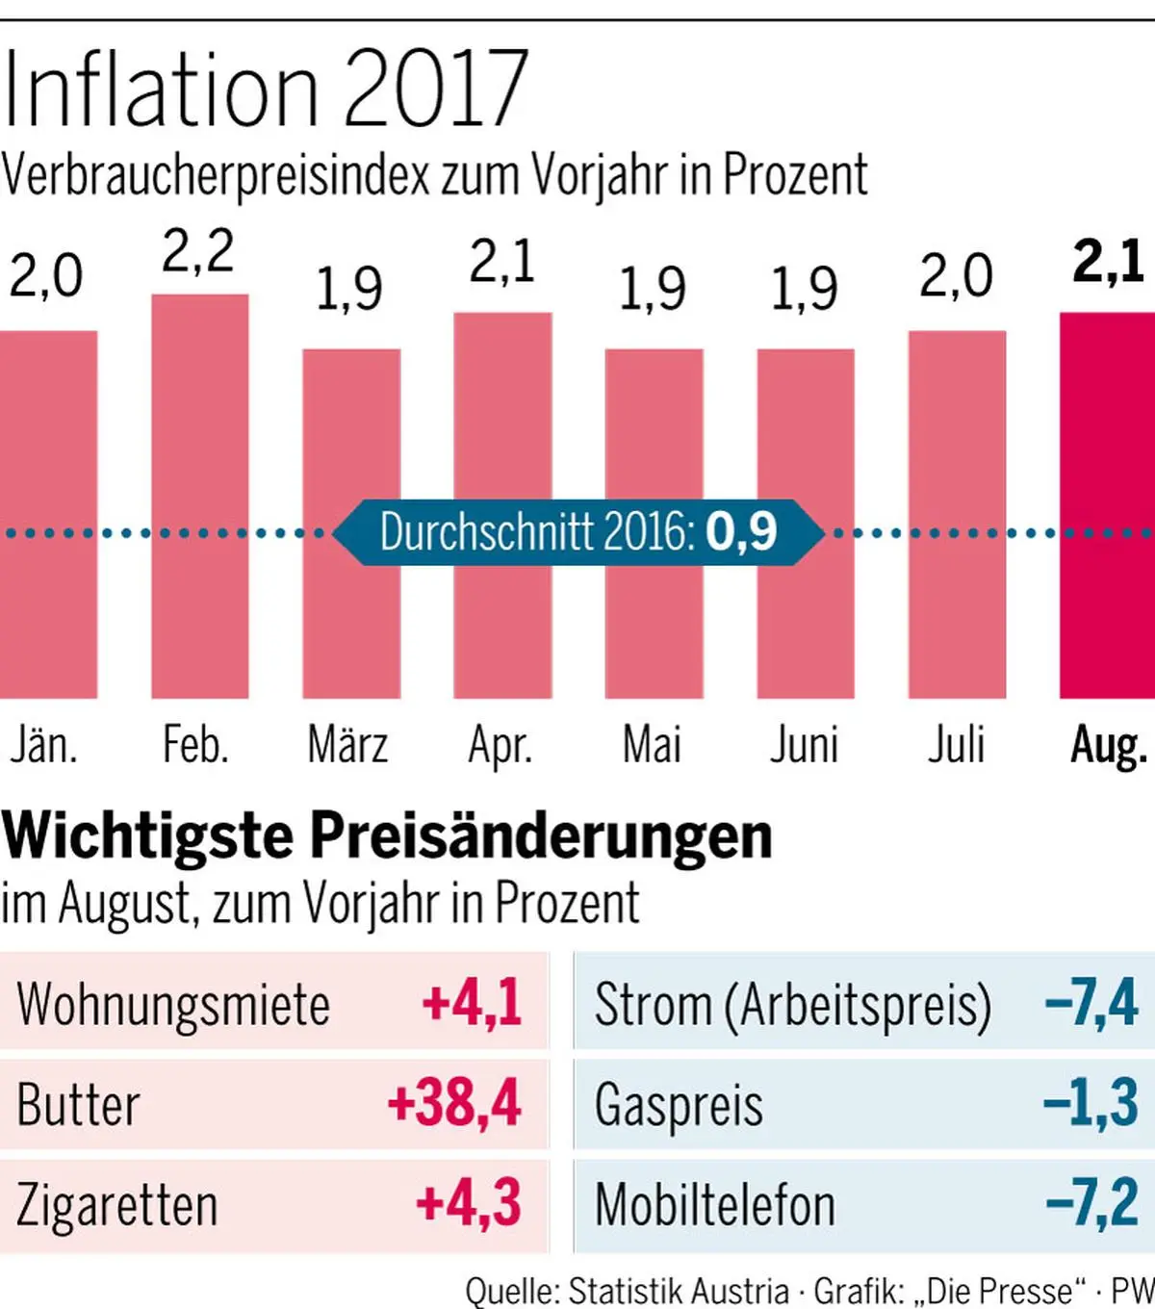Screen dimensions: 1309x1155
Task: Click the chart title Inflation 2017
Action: [x=265, y=89]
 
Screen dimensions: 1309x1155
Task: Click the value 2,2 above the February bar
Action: [x=197, y=252]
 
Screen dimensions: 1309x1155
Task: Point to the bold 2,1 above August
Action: [x=1108, y=261]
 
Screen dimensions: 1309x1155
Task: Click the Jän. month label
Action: [x=43, y=745]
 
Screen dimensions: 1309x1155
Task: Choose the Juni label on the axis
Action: [x=804, y=745]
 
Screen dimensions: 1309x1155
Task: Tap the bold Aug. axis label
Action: [x=1109, y=745]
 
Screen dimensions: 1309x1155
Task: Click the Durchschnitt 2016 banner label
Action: [x=578, y=531]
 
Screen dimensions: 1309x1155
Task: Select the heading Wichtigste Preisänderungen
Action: [x=387, y=835]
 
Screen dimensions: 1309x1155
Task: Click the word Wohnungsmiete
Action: [x=173, y=1005]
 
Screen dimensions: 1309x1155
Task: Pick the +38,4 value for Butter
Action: [x=454, y=1103]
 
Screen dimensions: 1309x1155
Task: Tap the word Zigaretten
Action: [x=117, y=1205]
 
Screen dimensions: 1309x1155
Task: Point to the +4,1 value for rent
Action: [x=472, y=1003]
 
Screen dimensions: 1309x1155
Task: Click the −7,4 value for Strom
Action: [x=1091, y=1003]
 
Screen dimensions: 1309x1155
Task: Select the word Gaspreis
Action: [x=679, y=1105]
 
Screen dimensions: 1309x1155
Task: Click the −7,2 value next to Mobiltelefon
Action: [x=1091, y=1203]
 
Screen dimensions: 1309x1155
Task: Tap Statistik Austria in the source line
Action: [x=679, y=1291]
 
